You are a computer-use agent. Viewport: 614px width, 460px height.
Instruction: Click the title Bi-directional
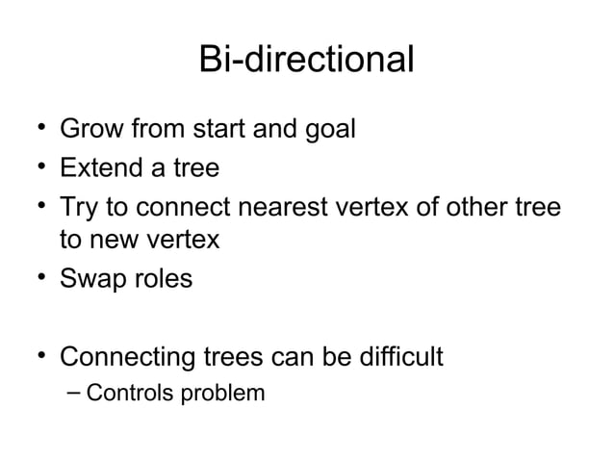pyautogui.click(x=306, y=60)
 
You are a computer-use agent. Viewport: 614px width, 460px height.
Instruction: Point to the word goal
pyautogui.click(x=325, y=130)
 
